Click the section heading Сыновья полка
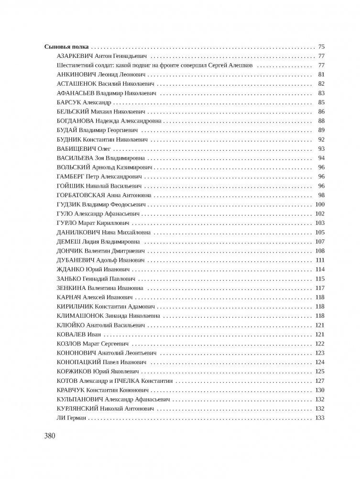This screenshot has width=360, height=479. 67,47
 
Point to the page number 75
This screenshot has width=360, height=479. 321,47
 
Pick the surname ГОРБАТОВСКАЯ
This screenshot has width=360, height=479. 83,195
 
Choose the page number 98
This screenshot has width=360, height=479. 321,195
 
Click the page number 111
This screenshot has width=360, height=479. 320,260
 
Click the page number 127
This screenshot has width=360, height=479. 320,381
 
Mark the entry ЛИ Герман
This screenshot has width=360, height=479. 72,418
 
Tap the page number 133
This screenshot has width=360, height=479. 320,418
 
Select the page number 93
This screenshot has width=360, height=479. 321,149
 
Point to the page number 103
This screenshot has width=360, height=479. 320,223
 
